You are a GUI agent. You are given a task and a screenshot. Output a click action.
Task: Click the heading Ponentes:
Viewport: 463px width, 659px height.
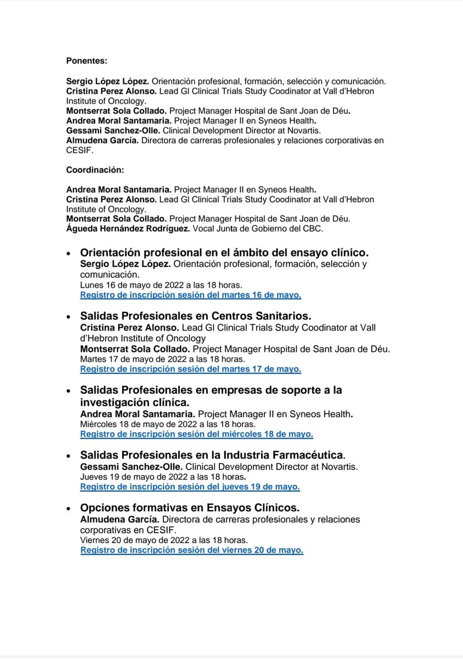coord(87,61)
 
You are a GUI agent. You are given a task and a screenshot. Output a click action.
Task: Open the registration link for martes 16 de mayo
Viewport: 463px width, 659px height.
coord(190,295)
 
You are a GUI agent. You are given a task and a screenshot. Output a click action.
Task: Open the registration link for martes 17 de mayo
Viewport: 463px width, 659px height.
coord(190,369)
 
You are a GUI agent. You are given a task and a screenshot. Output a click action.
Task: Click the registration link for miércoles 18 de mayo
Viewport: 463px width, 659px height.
coord(196,434)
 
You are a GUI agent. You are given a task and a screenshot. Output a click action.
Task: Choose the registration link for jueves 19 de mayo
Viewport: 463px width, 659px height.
coord(190,487)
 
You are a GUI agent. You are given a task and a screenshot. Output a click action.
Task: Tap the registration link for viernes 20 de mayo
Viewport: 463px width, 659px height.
coord(192,550)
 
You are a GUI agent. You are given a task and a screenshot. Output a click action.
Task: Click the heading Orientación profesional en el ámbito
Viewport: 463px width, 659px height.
coord(224,253)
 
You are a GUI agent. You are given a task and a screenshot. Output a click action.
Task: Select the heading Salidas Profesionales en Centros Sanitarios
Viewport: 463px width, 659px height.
coord(196,316)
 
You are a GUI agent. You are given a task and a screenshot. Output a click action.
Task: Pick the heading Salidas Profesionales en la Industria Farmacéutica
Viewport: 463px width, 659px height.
coord(213,455)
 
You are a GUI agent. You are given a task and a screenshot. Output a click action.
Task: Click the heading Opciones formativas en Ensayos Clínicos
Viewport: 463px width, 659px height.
coord(190,507)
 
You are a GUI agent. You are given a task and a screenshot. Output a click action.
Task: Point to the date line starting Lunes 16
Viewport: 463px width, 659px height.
coord(161,285)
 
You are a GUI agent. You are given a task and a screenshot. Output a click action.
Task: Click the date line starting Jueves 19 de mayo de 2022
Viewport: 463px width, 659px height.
coord(163,477)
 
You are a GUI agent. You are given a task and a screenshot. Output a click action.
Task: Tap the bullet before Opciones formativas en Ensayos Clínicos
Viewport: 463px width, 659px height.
coord(68,509)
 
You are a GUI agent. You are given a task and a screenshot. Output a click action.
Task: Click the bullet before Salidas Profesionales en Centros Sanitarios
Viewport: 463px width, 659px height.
coord(68,317)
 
